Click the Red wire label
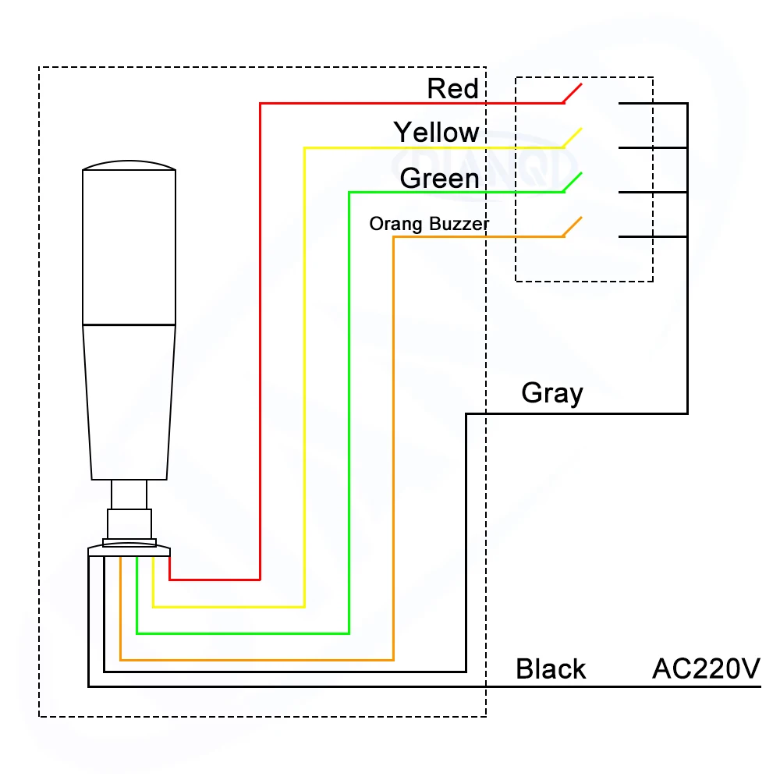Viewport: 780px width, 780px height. point(452,89)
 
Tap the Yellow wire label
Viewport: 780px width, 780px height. point(436,133)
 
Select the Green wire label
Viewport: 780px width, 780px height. point(439,179)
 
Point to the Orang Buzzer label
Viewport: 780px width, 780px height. point(429,225)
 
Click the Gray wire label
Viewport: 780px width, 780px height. point(551,392)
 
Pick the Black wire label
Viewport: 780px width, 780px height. point(551,669)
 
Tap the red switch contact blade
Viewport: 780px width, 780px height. point(572,93)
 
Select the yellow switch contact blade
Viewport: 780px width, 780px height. point(572,137)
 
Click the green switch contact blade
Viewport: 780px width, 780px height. point(572,182)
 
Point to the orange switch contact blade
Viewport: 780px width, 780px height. point(572,227)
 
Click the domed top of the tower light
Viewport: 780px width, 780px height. point(129,166)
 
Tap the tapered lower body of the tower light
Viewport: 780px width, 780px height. point(129,402)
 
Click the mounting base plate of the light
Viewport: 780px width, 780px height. point(129,551)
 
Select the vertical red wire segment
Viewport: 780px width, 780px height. point(260,343)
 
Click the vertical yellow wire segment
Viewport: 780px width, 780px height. point(304,374)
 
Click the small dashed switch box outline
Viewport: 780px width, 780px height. point(516,179)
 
